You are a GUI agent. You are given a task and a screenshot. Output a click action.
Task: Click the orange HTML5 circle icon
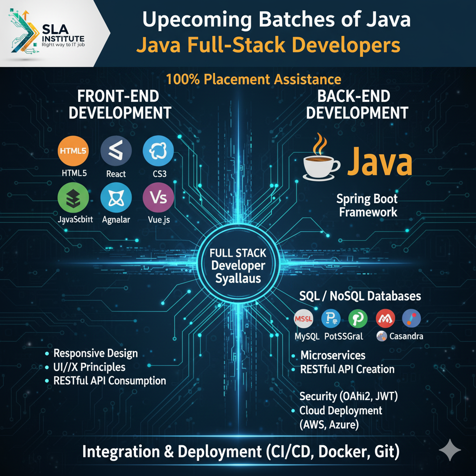tap(73, 152)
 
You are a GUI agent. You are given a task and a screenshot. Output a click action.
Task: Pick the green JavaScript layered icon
tap(73, 198)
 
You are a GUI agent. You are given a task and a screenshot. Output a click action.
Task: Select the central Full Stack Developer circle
tap(238, 266)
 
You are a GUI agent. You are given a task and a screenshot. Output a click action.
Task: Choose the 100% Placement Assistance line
tap(253, 79)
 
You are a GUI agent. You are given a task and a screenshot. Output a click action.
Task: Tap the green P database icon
tap(357, 319)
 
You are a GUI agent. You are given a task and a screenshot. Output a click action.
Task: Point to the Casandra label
tap(406, 336)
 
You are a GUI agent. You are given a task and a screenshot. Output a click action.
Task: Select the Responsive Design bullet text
tap(96, 353)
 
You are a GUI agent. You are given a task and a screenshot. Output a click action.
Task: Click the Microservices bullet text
tap(333, 355)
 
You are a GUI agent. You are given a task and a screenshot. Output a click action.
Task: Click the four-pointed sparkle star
tap(450, 450)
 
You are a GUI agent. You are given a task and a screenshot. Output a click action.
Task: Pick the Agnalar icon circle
tap(116, 198)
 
